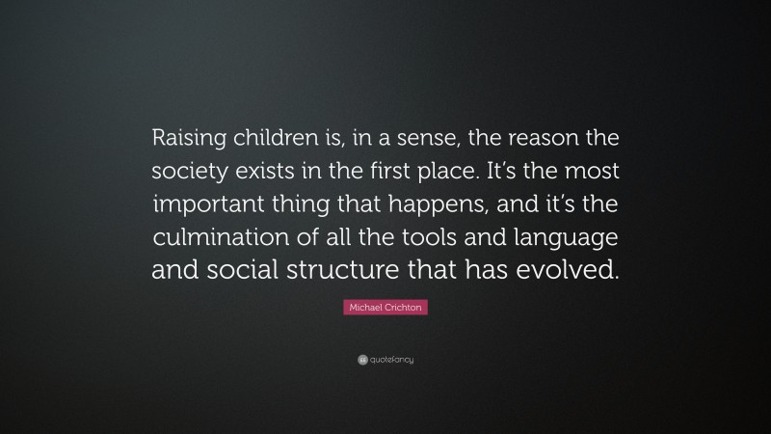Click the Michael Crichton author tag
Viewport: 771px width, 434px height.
[x=385, y=307]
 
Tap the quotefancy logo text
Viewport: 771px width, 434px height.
[x=390, y=359]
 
